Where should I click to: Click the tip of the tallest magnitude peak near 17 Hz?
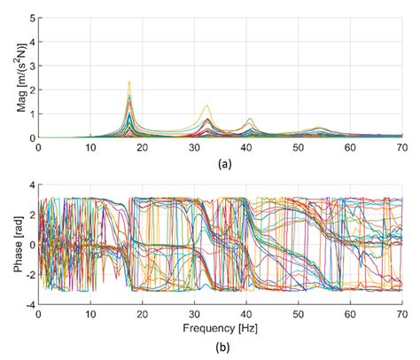point(129,82)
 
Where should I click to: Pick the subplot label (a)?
point(218,163)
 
